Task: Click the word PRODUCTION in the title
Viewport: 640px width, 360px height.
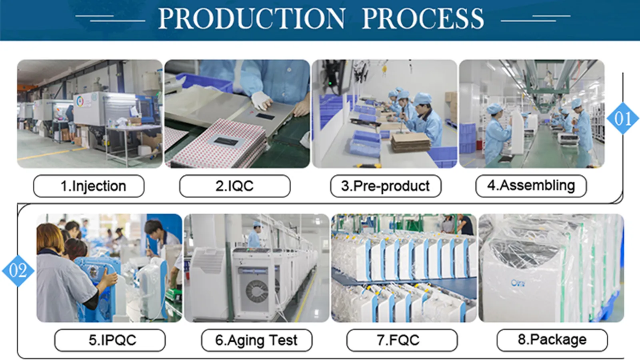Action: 252,19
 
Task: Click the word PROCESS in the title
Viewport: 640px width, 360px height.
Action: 423,19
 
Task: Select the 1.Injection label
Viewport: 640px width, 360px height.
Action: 89,186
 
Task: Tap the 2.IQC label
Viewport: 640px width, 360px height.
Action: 235,186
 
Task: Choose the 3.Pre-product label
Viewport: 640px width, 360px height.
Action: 386,186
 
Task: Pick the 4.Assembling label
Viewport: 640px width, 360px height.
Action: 531,186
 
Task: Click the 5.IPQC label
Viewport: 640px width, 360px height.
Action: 110,340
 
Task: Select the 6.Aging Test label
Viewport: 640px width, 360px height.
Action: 256,340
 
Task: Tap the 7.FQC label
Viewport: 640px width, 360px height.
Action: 402,340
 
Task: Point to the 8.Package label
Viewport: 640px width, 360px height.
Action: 552,340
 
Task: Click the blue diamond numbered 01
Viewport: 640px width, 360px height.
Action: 622,118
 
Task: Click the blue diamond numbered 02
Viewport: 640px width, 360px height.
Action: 18,271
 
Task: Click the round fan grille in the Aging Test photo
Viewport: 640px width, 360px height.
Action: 256,290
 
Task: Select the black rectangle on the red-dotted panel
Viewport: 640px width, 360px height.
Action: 227,141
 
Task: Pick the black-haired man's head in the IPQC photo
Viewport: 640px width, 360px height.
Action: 153,227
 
